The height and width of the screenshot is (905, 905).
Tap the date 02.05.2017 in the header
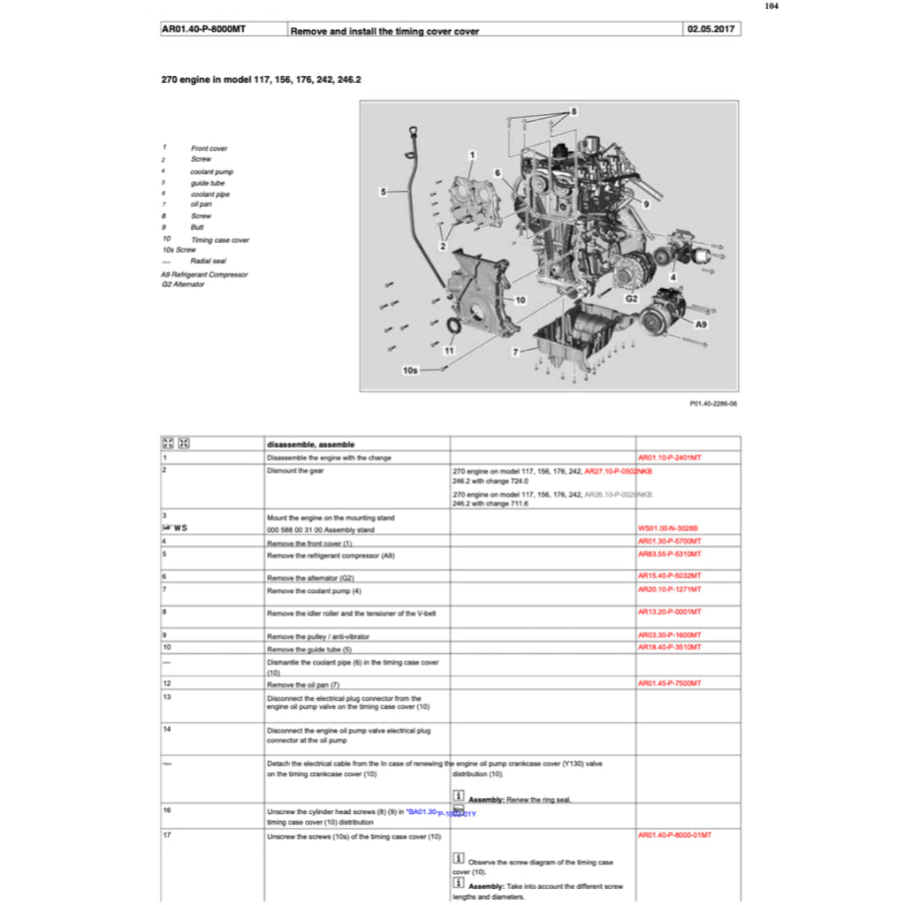(x=711, y=30)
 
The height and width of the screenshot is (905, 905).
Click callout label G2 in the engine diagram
(x=632, y=300)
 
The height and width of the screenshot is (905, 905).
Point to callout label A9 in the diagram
(x=701, y=325)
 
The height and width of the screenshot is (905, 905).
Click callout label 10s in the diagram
(x=410, y=370)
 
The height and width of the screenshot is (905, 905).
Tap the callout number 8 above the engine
(x=574, y=112)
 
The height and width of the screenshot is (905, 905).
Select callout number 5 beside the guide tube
(x=384, y=191)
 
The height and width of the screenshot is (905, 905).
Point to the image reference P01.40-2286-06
(x=713, y=403)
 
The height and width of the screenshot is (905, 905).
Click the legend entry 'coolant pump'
(x=211, y=171)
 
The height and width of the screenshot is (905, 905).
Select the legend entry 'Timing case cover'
(x=219, y=240)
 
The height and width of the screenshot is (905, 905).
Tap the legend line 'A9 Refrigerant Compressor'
(x=204, y=274)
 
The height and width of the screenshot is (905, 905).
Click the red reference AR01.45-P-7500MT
(x=669, y=683)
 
